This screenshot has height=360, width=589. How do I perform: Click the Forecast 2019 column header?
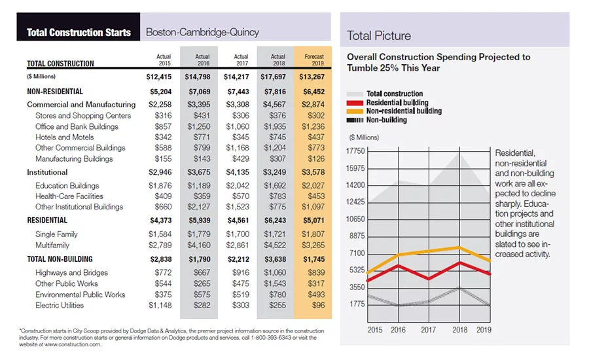pos(314,60)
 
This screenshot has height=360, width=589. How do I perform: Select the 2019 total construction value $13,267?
pos(312,77)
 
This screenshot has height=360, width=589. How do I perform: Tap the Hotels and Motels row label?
pos(65,137)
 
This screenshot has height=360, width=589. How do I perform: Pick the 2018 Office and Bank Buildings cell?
pos(275,126)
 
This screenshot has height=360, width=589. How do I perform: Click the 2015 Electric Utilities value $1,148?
pos(160,305)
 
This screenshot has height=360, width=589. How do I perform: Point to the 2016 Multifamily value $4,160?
pos(199,245)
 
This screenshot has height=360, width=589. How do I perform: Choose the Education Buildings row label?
pos(67,186)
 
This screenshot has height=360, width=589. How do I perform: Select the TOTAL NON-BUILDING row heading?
pos(60,259)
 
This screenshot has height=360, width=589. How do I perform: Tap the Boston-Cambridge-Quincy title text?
pos(202,32)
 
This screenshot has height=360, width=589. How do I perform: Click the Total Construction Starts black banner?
pos(79,27)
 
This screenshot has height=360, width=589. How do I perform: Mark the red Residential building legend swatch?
pos(354,103)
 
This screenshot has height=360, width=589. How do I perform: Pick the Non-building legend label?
pos(387,120)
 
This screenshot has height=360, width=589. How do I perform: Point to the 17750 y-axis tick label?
pos(355,151)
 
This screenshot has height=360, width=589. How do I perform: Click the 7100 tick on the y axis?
pos(357,253)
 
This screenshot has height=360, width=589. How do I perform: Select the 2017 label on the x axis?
pos(428,330)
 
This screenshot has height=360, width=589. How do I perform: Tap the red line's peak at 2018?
pos(459,262)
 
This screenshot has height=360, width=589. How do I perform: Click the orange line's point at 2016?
pos(398,255)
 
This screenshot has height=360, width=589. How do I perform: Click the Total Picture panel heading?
pos(379,36)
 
